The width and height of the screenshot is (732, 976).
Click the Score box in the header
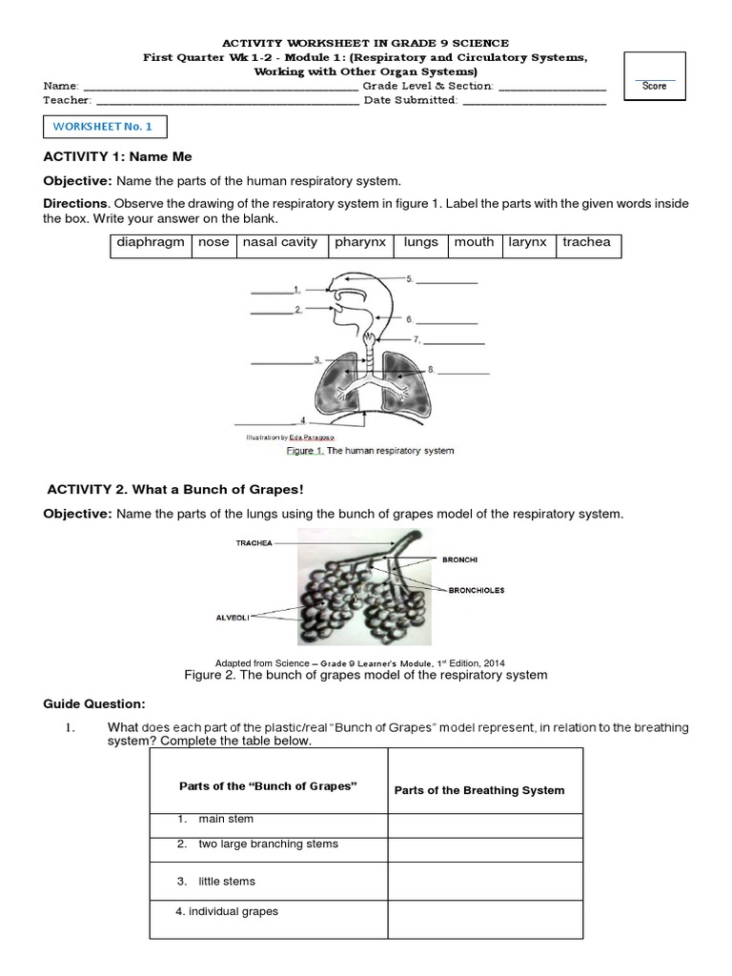coord(654,76)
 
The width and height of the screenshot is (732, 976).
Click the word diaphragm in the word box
coord(150,242)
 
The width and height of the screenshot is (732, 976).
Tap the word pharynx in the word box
coord(359,242)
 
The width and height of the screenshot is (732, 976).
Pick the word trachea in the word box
coord(586,242)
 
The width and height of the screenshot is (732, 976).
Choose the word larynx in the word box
coord(527,242)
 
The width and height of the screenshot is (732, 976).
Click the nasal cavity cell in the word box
coord(279,242)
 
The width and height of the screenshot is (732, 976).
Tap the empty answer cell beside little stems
coord(483,881)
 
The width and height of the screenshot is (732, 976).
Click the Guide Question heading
coord(94,703)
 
